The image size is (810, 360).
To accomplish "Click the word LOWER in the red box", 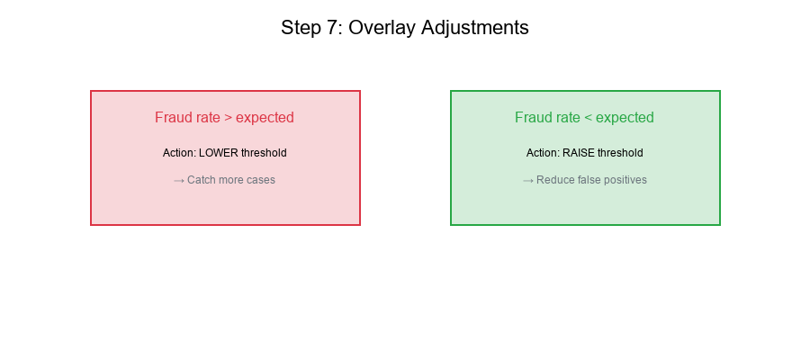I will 219,153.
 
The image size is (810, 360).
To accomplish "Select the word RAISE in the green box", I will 580,153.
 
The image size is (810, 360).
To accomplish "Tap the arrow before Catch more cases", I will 179,180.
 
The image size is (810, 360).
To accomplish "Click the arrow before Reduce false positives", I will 528,180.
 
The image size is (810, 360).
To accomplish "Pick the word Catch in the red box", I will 202,180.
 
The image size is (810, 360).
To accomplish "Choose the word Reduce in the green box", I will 554,180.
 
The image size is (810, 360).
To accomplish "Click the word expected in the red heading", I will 265,118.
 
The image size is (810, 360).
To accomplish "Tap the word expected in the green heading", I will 625,118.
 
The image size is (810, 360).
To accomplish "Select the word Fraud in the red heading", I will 172,118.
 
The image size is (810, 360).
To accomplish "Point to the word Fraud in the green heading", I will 532,118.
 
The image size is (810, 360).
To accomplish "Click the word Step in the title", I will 299,28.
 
